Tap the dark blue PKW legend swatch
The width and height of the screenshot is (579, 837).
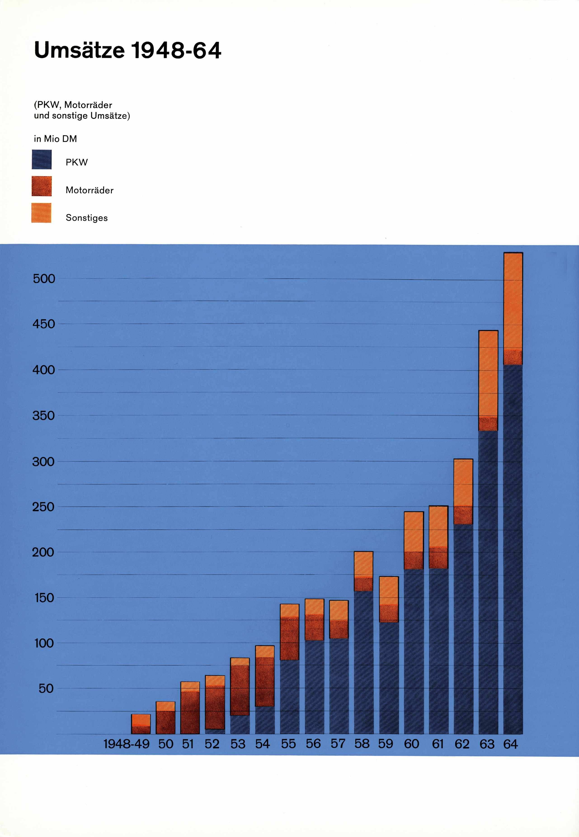pyautogui.click(x=42, y=160)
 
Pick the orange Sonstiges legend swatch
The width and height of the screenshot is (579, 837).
pyautogui.click(x=41, y=213)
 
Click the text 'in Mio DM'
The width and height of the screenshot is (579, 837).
pyautogui.click(x=55, y=139)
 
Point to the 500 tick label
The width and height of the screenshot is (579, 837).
pyautogui.click(x=44, y=279)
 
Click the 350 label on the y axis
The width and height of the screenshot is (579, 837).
pyautogui.click(x=44, y=416)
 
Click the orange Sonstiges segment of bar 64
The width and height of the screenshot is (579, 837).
pyautogui.click(x=513, y=301)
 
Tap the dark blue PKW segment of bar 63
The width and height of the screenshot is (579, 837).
pyautogui.click(x=488, y=580)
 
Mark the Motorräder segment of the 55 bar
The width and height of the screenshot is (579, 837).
pyautogui.click(x=289, y=639)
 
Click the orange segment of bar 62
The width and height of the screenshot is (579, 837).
pyautogui.click(x=463, y=483)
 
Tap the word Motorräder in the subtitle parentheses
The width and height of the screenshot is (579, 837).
pyautogui.click(x=88, y=105)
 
